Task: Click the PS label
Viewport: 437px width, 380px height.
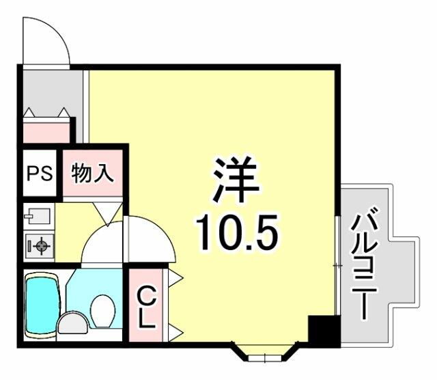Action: tap(40, 174)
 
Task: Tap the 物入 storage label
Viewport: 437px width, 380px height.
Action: tap(93, 174)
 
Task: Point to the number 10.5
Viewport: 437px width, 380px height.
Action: tap(237, 232)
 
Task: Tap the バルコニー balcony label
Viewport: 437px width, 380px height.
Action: tap(364, 263)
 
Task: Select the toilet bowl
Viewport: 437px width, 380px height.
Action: tap(103, 311)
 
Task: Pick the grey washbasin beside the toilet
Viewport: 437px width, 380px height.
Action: tap(73, 323)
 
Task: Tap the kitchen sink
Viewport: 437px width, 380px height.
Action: tap(39, 216)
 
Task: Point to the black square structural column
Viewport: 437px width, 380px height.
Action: tap(324, 331)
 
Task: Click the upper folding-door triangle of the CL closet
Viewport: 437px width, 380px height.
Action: tap(175, 277)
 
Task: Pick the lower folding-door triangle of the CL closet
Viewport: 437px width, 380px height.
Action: tap(175, 333)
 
